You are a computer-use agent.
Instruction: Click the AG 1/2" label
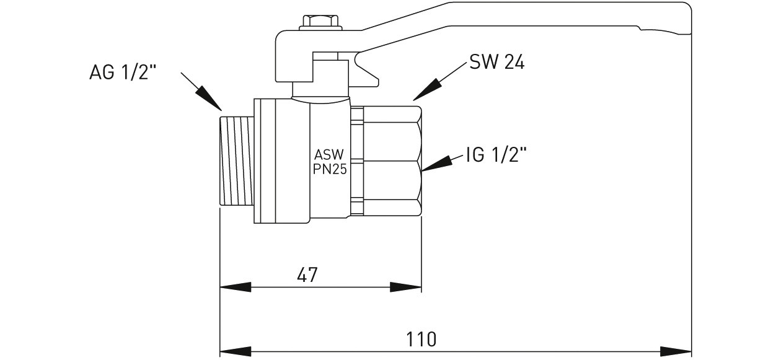tap(123, 73)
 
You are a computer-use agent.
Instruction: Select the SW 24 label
tap(496, 62)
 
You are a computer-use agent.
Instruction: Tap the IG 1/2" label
tap(496, 155)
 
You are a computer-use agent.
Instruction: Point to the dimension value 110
tap(421, 339)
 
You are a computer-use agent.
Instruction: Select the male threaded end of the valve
tap(237, 160)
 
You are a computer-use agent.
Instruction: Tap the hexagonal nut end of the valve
tap(392, 161)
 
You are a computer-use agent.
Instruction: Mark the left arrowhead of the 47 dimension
tap(234, 287)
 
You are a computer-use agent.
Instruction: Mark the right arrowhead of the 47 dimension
tap(407, 287)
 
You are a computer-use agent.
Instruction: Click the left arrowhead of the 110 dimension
tap(234, 351)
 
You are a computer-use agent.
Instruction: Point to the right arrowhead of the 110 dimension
tap(677, 351)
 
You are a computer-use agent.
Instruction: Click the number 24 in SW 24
tap(514, 62)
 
